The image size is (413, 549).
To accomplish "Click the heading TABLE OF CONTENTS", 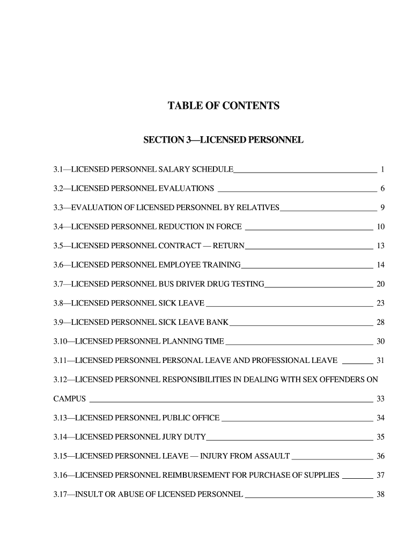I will point(223,106).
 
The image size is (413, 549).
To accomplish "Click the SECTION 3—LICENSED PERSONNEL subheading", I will point(223,140).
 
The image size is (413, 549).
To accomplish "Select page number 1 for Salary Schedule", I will point(382,170).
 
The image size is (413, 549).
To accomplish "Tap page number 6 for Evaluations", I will point(382,189).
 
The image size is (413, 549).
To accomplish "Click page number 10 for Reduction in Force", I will point(381,227).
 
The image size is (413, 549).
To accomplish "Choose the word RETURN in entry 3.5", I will point(229,246).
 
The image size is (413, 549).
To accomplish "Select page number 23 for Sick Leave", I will point(381,303).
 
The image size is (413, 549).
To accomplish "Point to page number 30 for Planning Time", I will point(381,342).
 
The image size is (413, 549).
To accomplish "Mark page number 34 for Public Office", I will point(381,418).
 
